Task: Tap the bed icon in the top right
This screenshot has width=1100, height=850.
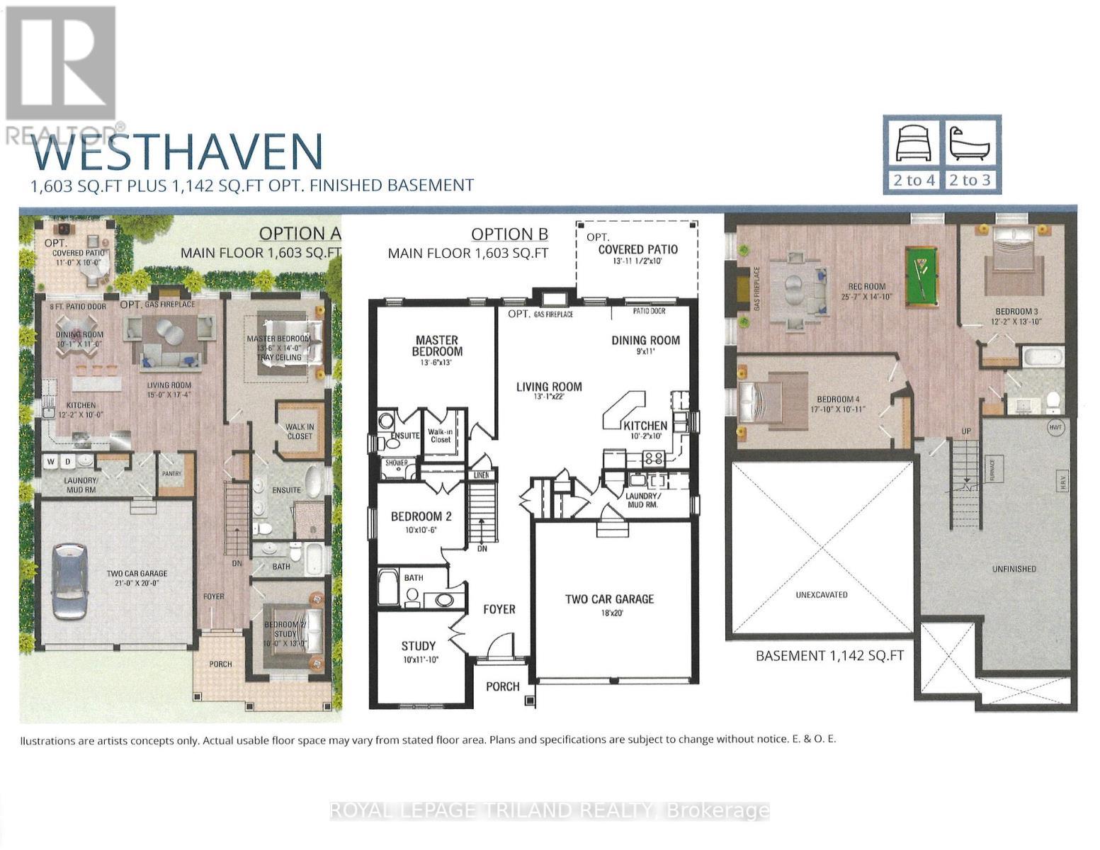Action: click(914, 144)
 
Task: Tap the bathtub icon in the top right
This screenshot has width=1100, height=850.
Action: click(969, 144)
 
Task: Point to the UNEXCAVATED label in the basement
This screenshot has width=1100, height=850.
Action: click(822, 594)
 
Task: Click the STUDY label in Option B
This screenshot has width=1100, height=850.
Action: click(418, 645)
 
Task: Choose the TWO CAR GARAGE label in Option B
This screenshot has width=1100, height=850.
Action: click(609, 599)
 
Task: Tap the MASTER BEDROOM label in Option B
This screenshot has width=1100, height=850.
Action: click(437, 346)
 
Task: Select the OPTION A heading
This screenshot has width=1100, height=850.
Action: click(300, 233)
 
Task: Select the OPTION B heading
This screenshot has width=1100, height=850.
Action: click(509, 234)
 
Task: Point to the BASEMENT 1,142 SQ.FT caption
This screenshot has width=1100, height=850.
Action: click(829, 655)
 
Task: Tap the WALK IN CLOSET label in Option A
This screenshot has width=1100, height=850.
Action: click(300, 431)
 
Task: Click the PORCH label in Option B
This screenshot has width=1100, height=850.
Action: click(502, 686)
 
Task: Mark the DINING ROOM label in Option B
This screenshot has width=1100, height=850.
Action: click(645, 340)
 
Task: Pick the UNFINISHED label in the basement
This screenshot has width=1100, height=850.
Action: click(1014, 568)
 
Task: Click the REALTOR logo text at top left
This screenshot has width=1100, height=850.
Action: click(60, 134)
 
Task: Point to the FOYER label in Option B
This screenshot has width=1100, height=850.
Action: click(499, 608)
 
